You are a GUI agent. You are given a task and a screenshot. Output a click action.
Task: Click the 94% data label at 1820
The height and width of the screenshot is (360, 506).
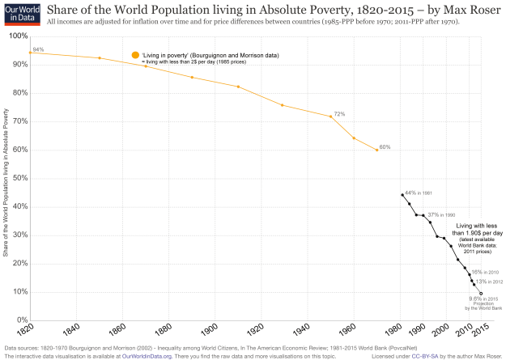pos(38,49)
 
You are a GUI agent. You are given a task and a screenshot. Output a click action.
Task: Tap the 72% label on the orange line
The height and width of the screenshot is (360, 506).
pos(339,114)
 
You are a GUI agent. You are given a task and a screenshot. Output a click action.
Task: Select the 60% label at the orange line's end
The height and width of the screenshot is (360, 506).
pos(385,147)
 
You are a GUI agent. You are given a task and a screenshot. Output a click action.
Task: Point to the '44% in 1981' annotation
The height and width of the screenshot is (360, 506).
pos(420,193)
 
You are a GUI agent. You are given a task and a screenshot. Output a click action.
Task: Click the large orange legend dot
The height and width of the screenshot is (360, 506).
pos(136,55)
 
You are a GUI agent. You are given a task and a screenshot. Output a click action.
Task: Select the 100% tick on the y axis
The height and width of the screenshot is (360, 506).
pos(16,36)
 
